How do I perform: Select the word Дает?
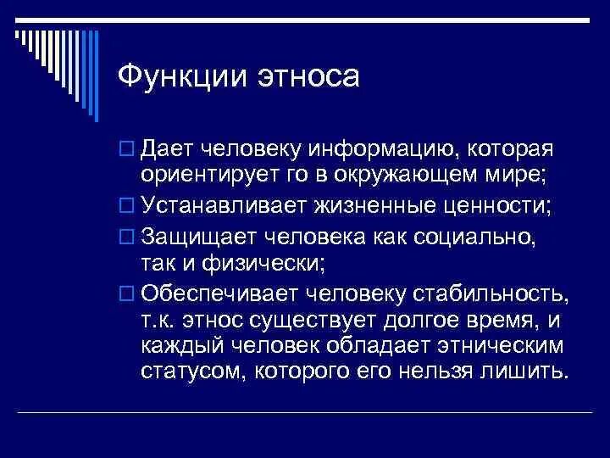(x=170, y=151)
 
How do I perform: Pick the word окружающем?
(x=401, y=177)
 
